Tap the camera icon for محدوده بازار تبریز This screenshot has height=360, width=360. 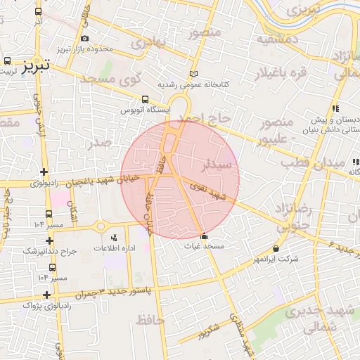pos(85,38)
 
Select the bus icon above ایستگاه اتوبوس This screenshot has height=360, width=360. pos(145,99)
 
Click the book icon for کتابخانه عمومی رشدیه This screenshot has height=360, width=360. pos(194,74)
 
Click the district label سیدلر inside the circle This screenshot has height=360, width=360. pos(217,166)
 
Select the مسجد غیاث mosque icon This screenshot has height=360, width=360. pos(204,236)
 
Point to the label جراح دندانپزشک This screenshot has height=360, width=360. pos(50,251)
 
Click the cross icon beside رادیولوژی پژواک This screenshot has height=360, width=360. pos(46,295)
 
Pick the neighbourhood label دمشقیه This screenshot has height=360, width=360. pos(277,39)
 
